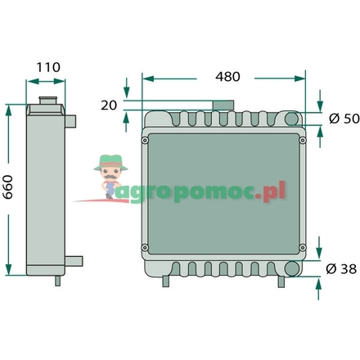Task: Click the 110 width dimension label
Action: [x=48, y=67]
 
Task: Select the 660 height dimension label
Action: [x=8, y=187]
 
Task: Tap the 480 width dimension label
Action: [x=227, y=77]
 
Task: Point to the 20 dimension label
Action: [x=109, y=106]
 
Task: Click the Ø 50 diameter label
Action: [x=344, y=119]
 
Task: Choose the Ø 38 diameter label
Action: [x=341, y=269]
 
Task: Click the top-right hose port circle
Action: [x=292, y=119]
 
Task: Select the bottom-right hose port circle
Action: [x=291, y=268]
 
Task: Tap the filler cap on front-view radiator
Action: [x=223, y=105]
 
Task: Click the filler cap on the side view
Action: [x=48, y=100]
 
